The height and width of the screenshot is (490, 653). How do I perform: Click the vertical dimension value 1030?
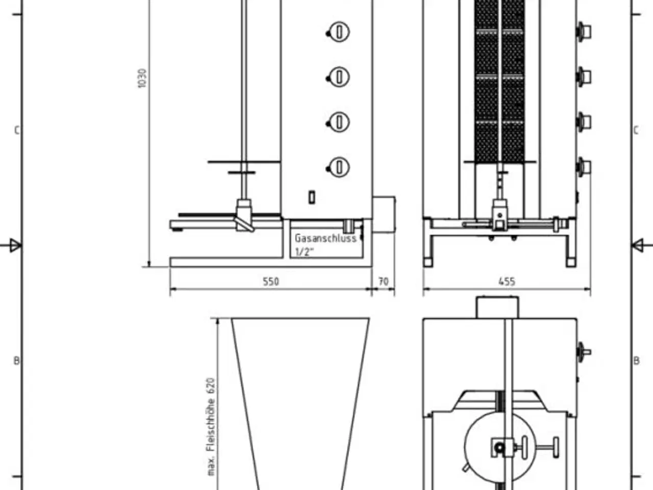click(x=142, y=78)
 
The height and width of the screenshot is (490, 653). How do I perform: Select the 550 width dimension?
click(x=271, y=281)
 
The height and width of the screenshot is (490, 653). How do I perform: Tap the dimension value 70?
click(x=383, y=281)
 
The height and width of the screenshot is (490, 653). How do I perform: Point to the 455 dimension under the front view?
click(x=506, y=281)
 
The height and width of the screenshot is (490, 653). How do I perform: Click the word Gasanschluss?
click(x=325, y=238)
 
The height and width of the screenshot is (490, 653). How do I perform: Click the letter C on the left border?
click(x=16, y=131)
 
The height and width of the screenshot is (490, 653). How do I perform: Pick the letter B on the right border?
click(x=636, y=361)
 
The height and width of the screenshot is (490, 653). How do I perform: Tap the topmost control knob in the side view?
click(x=339, y=32)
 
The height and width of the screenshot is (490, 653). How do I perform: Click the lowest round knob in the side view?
click(x=339, y=167)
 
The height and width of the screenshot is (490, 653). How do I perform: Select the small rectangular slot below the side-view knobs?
click(x=312, y=197)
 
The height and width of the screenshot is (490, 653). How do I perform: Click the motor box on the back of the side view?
click(x=384, y=213)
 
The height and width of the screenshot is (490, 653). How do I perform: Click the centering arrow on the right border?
click(x=638, y=246)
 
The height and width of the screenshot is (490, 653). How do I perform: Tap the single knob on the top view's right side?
click(x=583, y=352)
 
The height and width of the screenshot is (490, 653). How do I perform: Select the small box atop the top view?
click(x=498, y=307)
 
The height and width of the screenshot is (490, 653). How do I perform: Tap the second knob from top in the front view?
click(x=583, y=77)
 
